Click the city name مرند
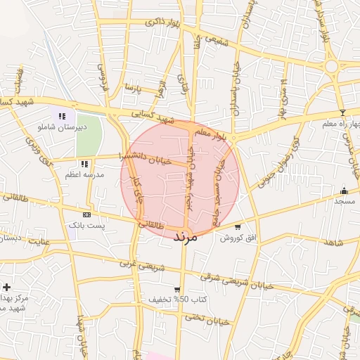point(186,238)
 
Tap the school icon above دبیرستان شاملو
point(62,117)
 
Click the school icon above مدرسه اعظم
point(84,164)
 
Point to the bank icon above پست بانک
point(86,214)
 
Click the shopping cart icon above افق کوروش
point(238,227)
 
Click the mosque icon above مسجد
point(344,191)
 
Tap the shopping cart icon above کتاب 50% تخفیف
point(177,289)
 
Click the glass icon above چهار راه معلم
point(342,112)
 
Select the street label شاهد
point(333,243)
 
